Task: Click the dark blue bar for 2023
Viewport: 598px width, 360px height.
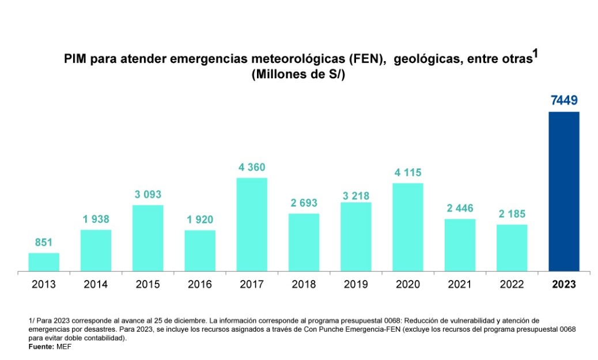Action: tap(563, 191)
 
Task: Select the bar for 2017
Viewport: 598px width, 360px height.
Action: tap(252, 224)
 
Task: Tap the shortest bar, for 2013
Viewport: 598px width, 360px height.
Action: tap(44, 262)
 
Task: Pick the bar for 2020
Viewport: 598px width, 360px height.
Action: tap(408, 226)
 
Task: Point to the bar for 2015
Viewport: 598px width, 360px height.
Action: tap(147, 237)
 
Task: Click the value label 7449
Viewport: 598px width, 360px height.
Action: tap(563, 101)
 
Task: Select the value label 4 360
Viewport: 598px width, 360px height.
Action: tap(252, 168)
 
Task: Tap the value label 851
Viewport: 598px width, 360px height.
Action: tap(44, 243)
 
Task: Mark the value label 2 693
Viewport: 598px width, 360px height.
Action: tap(304, 203)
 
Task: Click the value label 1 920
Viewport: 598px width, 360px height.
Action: tap(199, 220)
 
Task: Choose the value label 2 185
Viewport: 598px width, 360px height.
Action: tap(512, 214)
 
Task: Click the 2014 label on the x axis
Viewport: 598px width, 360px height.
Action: tap(96, 285)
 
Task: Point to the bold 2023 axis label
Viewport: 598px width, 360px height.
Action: tap(563, 285)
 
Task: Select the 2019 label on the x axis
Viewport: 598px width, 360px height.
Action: tap(355, 285)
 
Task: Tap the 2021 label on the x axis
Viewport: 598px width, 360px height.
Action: tap(460, 285)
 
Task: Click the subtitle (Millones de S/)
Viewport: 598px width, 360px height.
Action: tap(298, 75)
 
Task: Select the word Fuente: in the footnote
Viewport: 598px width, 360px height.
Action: tap(41, 346)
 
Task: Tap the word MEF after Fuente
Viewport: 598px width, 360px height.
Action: tap(63, 346)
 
